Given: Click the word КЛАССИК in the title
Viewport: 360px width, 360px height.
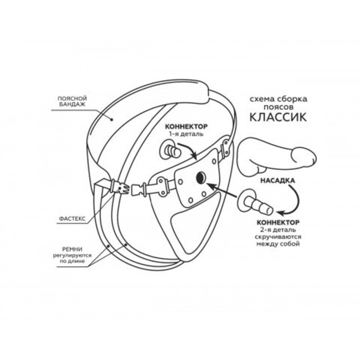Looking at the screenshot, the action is click(x=278, y=117).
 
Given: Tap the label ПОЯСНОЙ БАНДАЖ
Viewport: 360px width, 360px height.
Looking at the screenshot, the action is click(x=72, y=101).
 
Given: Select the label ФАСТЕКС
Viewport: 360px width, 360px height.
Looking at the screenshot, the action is click(x=72, y=219).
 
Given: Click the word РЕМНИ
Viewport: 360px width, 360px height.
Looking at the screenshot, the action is click(x=73, y=249).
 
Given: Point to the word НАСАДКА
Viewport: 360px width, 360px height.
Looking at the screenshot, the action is click(x=277, y=181).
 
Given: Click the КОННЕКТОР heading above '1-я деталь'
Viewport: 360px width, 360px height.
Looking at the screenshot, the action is click(x=187, y=126).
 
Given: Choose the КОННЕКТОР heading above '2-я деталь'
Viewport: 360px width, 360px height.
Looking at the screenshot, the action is click(x=278, y=223).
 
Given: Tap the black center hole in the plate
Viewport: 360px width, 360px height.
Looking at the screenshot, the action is click(x=201, y=178).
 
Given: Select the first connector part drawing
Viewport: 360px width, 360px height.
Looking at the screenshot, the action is click(x=171, y=151).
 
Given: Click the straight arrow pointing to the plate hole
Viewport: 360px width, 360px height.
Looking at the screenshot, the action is click(x=222, y=190).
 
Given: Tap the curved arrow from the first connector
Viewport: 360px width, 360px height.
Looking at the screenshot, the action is click(x=189, y=149).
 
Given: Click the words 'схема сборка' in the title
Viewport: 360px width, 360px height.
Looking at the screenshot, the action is click(x=278, y=99).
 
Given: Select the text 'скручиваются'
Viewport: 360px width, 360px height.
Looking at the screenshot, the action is click(x=278, y=236).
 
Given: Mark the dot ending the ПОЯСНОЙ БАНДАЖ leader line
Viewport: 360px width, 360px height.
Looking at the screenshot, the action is click(x=112, y=120).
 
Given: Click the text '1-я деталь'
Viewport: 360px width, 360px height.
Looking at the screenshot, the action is click(x=186, y=134).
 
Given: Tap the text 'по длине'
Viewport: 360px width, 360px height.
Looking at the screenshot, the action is click(x=73, y=261).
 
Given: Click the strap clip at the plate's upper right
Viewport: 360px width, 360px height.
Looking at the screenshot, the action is click(x=225, y=148).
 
